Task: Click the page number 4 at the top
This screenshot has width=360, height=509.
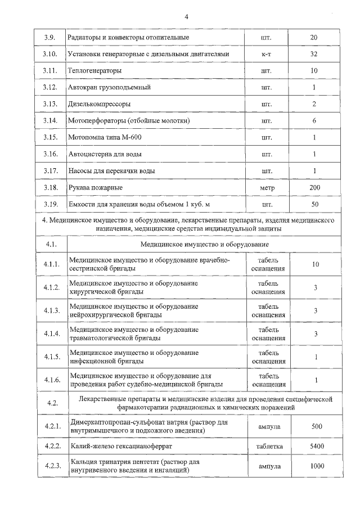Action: [x=186, y=16]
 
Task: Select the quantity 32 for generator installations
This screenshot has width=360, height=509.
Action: [x=314, y=54]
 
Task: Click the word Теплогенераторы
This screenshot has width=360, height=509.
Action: [x=94, y=71]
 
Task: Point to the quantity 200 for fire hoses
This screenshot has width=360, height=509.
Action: [x=314, y=187]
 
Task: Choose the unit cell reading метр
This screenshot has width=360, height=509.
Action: [x=267, y=187]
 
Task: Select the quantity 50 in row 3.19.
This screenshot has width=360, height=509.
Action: [x=314, y=204]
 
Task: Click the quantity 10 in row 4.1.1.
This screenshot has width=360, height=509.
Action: [x=316, y=264]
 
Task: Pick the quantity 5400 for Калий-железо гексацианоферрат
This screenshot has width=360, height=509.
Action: [x=316, y=446]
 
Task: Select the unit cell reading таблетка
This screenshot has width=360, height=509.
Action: [x=267, y=446]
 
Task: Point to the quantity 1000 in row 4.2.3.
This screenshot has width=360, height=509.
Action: [x=316, y=466]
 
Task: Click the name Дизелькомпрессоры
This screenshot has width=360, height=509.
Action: [x=98, y=104]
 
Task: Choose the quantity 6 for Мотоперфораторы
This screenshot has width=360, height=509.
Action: [x=314, y=120]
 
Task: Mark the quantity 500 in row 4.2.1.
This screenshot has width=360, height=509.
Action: [x=316, y=426]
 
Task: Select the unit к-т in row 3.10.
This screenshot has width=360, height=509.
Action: [x=267, y=54]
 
